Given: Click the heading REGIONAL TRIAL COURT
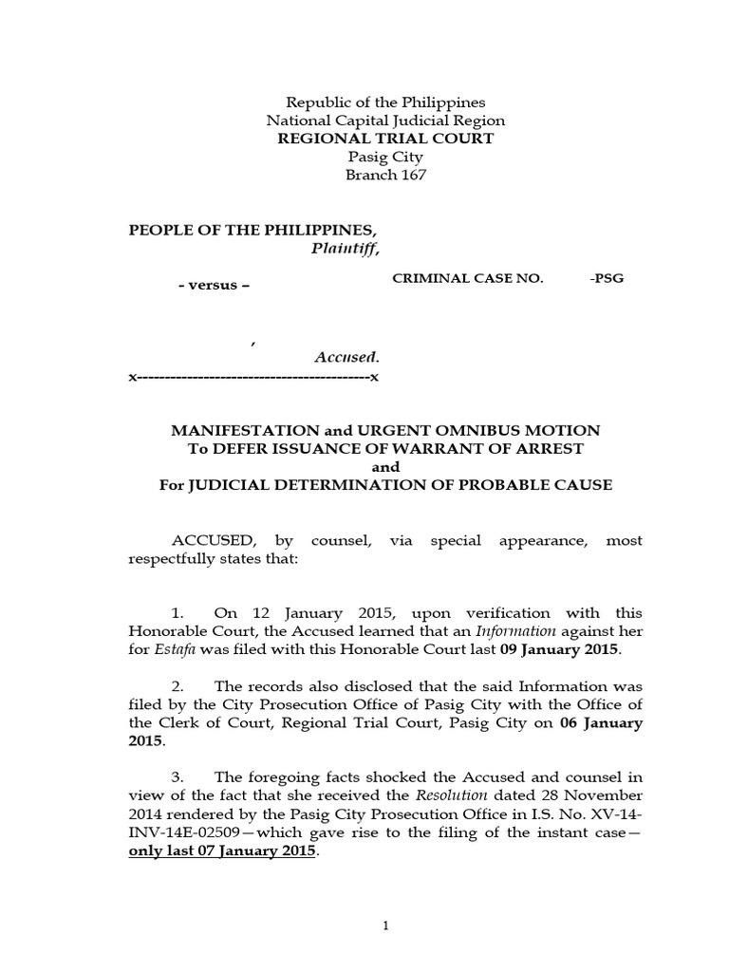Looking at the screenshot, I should click(x=385, y=139).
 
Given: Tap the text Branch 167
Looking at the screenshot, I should click(x=385, y=175).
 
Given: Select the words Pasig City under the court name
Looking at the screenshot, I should click(x=385, y=157).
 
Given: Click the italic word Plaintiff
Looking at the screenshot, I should click(x=345, y=249).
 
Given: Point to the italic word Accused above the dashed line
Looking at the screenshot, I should click(x=346, y=358).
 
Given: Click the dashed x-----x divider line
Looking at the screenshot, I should click(x=253, y=377).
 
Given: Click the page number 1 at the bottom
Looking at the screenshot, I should click(x=386, y=926).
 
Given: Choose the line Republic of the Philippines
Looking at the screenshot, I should click(x=385, y=103).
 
